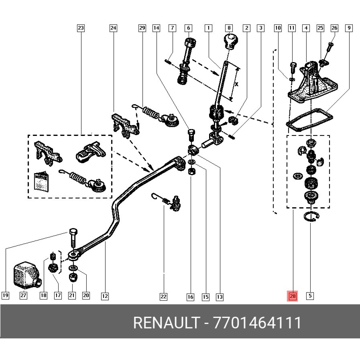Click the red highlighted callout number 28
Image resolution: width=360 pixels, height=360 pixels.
tap(292, 296)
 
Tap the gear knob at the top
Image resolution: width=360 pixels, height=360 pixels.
tap(230, 41)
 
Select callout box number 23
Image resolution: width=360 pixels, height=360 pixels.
tap(81, 28)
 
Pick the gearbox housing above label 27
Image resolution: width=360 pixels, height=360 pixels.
tap(26, 274)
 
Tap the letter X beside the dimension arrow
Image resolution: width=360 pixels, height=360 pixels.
tap(236, 84)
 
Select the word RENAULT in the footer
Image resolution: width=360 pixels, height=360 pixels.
tap(166, 323)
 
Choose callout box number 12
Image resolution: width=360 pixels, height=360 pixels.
tap(105, 296)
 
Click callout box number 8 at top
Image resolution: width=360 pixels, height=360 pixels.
tap(229, 28)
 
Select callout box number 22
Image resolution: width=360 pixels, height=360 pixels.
tap(163, 296)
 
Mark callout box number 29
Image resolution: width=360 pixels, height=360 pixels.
tap(142, 28)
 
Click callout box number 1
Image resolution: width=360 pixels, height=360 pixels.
tap(208, 28)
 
